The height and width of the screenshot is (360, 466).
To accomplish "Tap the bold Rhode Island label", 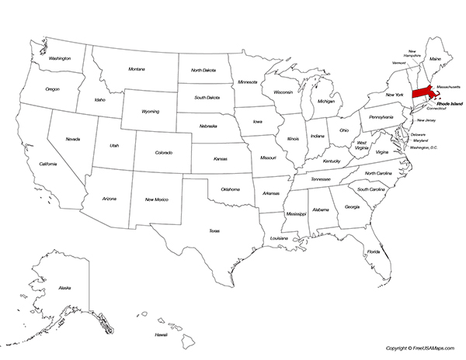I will [448, 102].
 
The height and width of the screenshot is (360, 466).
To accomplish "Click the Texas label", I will [214, 230].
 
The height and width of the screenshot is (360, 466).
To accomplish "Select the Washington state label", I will [60, 58].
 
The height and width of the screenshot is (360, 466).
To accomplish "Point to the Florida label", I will [374, 252].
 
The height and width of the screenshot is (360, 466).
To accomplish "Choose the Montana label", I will [137, 68].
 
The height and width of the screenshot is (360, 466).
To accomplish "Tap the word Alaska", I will [64, 288].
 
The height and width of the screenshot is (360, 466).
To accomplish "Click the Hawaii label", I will [161, 334].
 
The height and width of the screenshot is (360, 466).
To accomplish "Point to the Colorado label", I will [164, 153].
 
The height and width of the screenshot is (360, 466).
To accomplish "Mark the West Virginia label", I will [361, 145].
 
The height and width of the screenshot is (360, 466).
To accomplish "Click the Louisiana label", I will [279, 237].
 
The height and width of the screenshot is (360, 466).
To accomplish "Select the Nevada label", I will [72, 139].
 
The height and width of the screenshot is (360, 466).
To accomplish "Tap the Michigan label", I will [326, 102].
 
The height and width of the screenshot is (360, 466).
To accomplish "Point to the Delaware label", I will [418, 134].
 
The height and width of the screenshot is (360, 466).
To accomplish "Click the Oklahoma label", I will [230, 189].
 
